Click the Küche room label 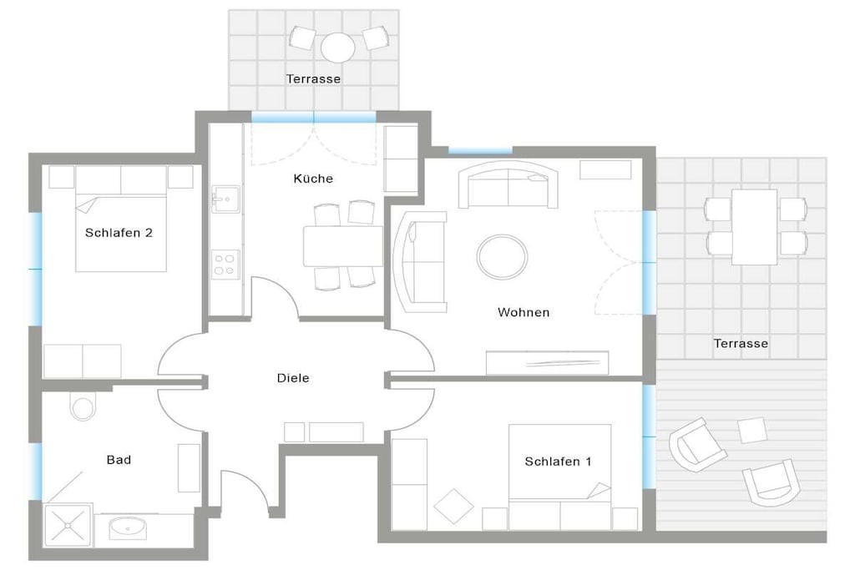point(313,179)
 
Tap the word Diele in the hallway point(293,378)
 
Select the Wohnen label point(524,312)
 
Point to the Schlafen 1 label point(558,462)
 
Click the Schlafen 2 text point(119,233)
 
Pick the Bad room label point(119,459)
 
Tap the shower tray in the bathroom point(68,525)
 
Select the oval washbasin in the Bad point(128,528)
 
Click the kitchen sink point(225,199)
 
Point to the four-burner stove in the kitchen point(225,265)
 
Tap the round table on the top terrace point(338,48)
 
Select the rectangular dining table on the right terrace point(755,227)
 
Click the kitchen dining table point(343,245)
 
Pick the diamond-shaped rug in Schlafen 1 point(453,507)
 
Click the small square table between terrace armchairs point(752,430)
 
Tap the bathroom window point(35,471)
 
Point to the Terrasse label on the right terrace point(741,343)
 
